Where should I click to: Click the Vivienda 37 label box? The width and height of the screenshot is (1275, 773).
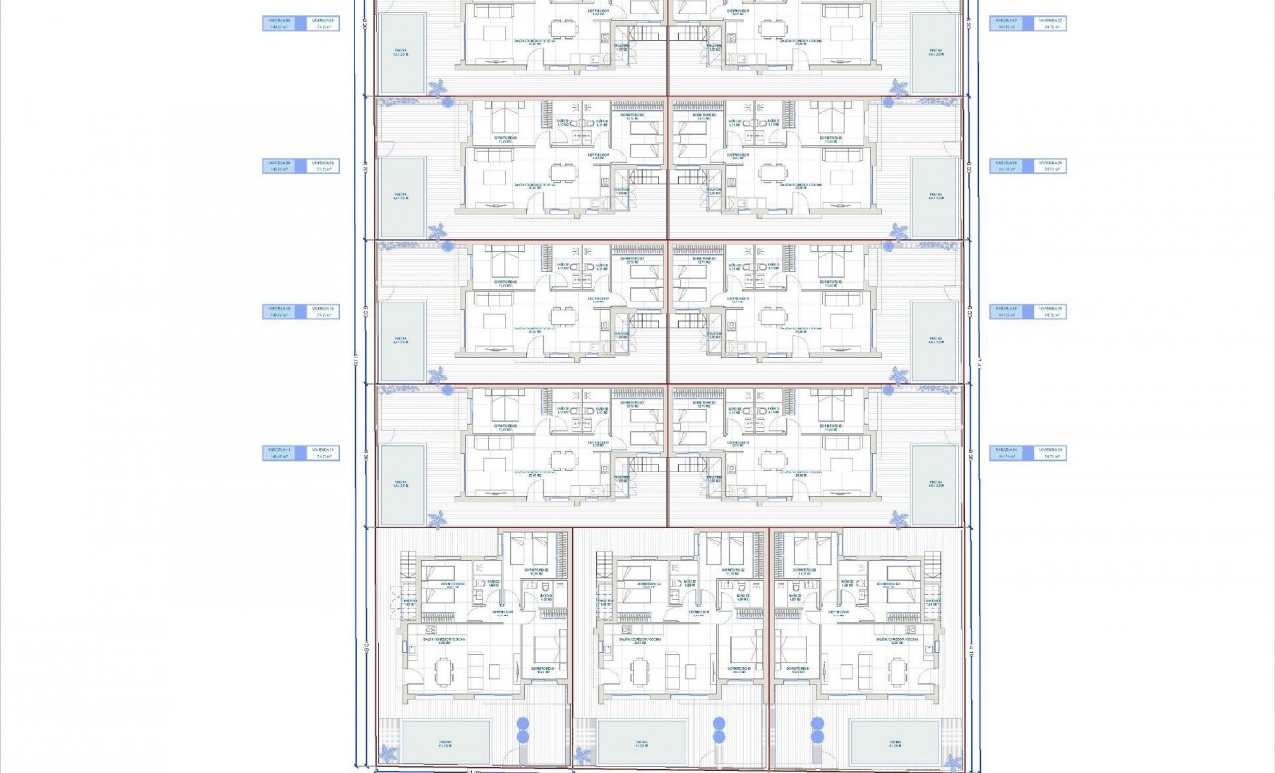(x=1048, y=22)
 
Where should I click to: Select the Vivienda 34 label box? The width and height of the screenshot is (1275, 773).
(x=1048, y=453)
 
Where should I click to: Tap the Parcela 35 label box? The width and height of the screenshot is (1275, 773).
(x=1008, y=311)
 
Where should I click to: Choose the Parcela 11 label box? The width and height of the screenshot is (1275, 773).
(x=281, y=453)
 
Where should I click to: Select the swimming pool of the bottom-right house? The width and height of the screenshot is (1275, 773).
(x=894, y=741)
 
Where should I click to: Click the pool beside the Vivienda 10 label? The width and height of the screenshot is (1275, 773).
(x=403, y=340)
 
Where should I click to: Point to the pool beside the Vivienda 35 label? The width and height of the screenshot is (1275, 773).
(x=935, y=340)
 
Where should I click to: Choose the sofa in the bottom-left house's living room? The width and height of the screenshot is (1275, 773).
(x=475, y=665)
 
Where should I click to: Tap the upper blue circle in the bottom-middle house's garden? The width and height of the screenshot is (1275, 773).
(x=719, y=723)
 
